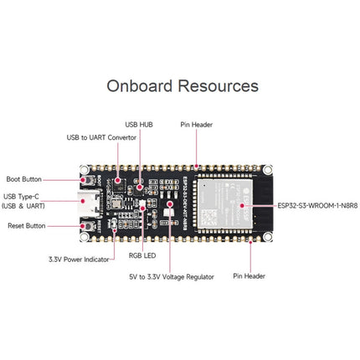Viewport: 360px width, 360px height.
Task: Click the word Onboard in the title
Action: click(143, 86)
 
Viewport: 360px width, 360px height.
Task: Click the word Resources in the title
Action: click(220, 86)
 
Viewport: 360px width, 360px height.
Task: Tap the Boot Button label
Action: click(24, 179)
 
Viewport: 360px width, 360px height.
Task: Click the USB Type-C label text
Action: click(24, 200)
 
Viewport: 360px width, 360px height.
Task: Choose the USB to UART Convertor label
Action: click(101, 137)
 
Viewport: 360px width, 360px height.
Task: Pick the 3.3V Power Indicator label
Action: click(79, 260)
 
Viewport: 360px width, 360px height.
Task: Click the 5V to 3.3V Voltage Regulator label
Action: click(171, 276)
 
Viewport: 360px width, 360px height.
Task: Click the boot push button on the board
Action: click(86, 179)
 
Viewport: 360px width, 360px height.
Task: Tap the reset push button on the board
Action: click(86, 225)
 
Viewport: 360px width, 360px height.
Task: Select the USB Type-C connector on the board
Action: click(87, 201)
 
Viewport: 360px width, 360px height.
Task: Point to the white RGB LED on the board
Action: click(142, 206)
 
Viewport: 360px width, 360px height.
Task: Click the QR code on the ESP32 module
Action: click(240, 203)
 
